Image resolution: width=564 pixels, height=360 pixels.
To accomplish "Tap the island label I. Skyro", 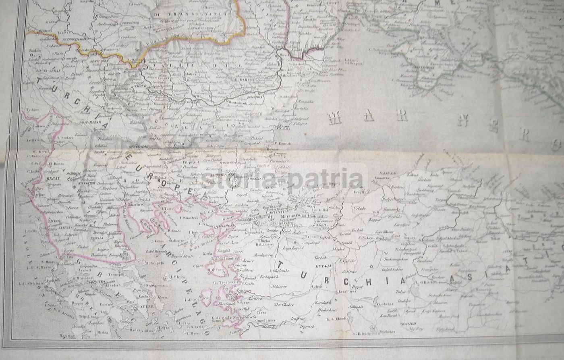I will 175,278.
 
